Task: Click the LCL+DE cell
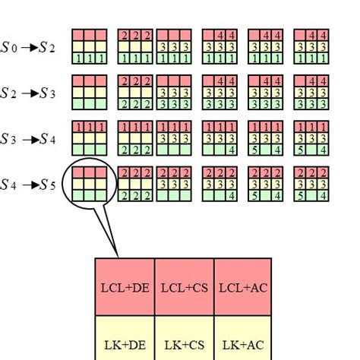click(x=125, y=288)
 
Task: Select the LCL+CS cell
click(x=185, y=288)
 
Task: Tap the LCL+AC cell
click(x=244, y=288)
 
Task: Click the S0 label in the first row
click(x=8, y=47)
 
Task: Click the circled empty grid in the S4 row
click(x=89, y=183)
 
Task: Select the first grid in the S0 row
click(x=89, y=46)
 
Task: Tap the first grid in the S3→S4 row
click(x=89, y=137)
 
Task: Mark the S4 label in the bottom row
click(x=8, y=184)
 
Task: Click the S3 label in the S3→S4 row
click(x=8, y=138)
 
